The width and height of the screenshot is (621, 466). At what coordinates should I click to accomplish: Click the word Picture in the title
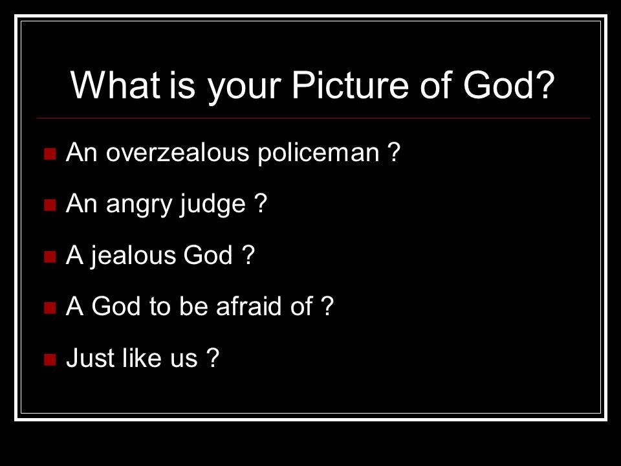point(351,85)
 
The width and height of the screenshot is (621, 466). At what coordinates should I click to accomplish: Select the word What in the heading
point(116,85)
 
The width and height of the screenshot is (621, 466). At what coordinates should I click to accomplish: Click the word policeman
point(318,153)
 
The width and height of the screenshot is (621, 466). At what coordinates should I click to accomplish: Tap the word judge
point(213,204)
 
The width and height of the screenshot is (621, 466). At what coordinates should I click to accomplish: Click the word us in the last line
point(184,361)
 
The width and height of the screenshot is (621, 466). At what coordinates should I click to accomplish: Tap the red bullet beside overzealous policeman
point(50,154)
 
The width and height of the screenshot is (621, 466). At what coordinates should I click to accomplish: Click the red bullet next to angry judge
point(50,205)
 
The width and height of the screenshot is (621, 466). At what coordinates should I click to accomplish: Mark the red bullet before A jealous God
point(50,256)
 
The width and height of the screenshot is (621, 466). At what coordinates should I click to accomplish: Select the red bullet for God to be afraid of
point(50,307)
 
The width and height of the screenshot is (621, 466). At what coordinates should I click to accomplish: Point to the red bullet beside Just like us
point(50,359)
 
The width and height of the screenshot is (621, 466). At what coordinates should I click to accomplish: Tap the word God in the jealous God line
point(208,255)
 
